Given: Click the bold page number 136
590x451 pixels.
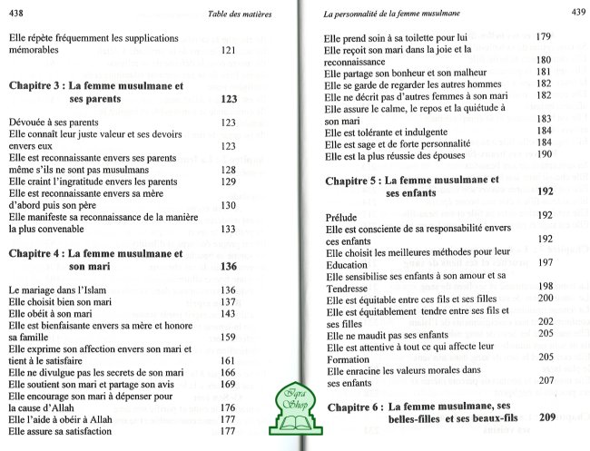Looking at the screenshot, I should (228, 266).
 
